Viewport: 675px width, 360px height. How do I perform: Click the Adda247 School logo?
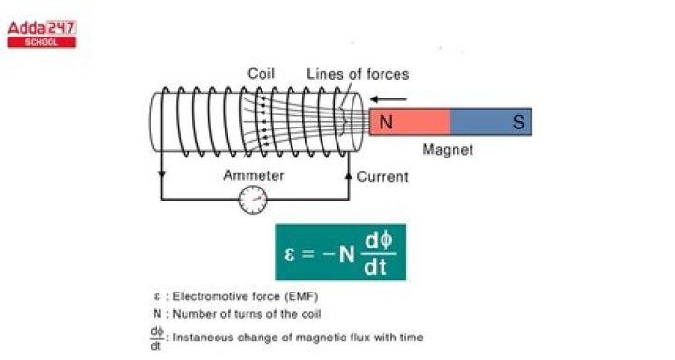[41, 33]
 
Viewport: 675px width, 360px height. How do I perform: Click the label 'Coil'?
[262, 74]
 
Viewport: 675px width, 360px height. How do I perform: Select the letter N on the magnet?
[386, 122]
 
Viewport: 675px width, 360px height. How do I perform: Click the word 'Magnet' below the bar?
[448, 149]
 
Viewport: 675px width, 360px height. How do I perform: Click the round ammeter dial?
[253, 199]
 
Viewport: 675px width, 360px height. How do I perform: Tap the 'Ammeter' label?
[253, 175]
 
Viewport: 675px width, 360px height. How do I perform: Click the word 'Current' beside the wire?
[382, 176]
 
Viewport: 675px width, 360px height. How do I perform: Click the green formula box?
[340, 251]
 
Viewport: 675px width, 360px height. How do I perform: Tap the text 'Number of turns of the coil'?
[248, 314]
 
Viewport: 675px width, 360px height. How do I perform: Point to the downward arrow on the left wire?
[162, 174]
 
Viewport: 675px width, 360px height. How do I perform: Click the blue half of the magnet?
[491, 122]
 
